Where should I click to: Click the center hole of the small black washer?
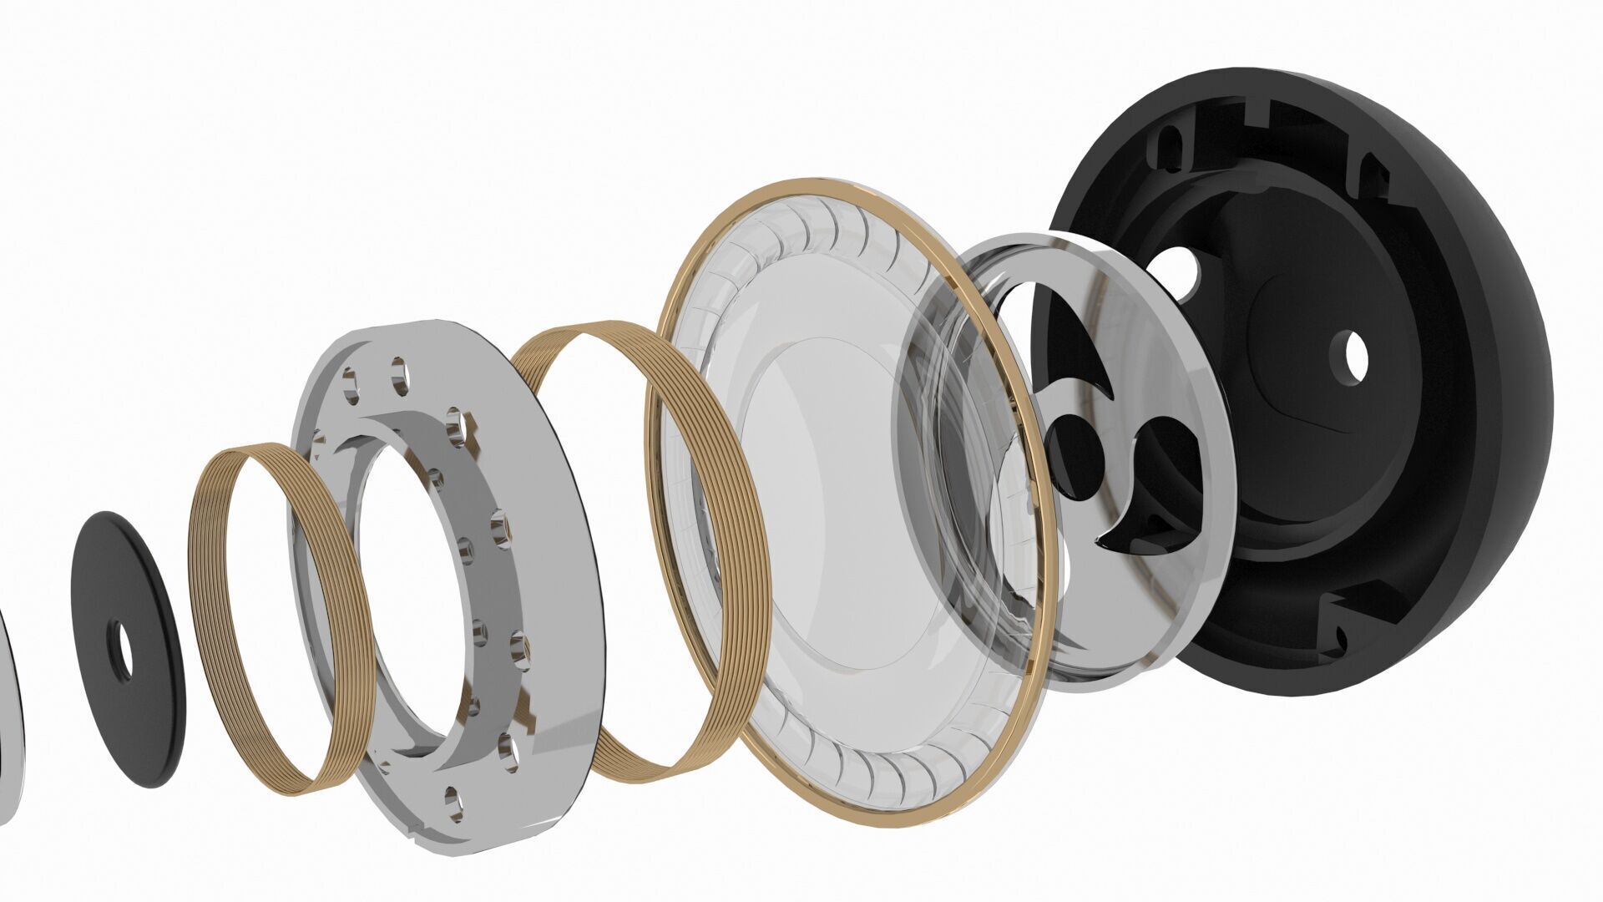click(124, 650)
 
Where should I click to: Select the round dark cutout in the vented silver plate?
click(1075, 451)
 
